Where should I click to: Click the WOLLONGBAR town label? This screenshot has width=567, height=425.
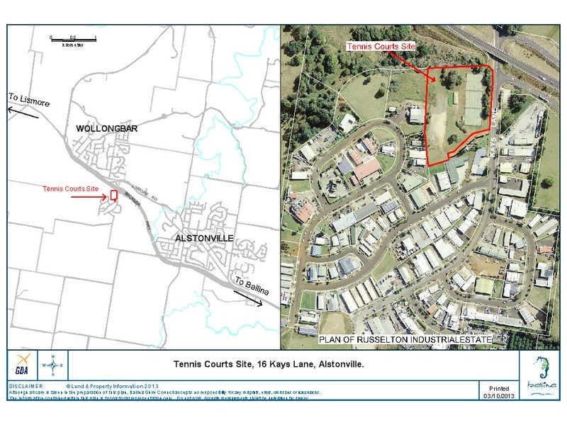(106, 129)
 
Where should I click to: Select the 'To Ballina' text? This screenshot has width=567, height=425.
(252, 284)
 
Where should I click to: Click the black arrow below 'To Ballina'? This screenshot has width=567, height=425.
(249, 298)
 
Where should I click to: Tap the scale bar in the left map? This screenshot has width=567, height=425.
(73, 38)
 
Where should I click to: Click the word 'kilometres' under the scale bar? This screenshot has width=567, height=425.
(73, 44)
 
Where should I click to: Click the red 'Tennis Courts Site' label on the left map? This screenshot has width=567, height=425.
(69, 189)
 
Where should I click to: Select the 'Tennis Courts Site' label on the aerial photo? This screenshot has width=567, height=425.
(381, 45)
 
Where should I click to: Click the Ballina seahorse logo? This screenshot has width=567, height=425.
(543, 370)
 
